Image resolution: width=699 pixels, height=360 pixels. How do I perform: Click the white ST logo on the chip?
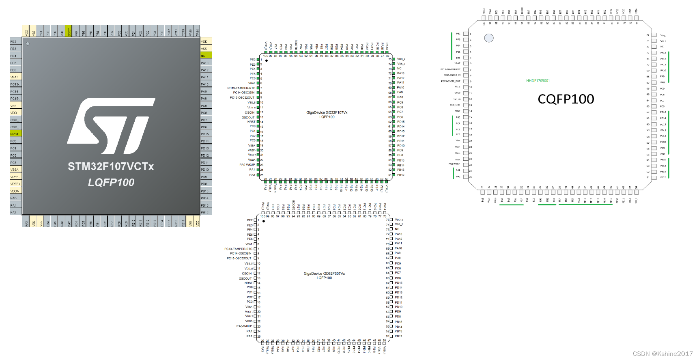click(x=111, y=126)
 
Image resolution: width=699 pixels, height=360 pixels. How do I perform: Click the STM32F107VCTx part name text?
click(x=111, y=166)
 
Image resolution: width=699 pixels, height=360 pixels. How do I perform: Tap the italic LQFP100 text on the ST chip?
click(x=111, y=183)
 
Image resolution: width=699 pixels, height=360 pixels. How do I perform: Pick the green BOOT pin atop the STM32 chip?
click(x=69, y=31)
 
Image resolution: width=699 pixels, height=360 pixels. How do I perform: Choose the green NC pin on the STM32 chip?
click(x=206, y=56)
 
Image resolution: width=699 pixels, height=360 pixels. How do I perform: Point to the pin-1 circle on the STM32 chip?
click(x=28, y=43)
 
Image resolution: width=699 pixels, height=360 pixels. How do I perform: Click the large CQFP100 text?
click(x=566, y=99)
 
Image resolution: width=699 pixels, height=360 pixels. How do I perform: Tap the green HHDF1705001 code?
click(x=538, y=81)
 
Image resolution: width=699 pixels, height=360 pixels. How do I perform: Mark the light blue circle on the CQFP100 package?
click(x=489, y=38)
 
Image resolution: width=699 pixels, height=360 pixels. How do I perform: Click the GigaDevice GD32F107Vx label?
click(x=327, y=112)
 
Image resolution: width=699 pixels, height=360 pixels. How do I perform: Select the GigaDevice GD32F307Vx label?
click(x=324, y=274)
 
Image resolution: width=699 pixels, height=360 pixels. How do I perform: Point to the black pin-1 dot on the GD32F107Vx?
click(x=267, y=60)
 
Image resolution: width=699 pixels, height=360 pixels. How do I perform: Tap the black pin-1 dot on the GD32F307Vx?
click(x=264, y=221)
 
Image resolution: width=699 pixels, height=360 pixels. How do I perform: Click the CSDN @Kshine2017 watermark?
click(x=662, y=354)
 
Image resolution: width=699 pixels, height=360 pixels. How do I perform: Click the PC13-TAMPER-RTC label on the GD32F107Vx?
click(x=241, y=88)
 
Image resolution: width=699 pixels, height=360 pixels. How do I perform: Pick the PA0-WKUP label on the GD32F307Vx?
click(x=244, y=326)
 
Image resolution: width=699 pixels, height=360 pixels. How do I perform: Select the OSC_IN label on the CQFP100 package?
click(x=456, y=99)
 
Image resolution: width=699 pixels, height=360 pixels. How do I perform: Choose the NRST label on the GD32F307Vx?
click(x=248, y=283)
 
